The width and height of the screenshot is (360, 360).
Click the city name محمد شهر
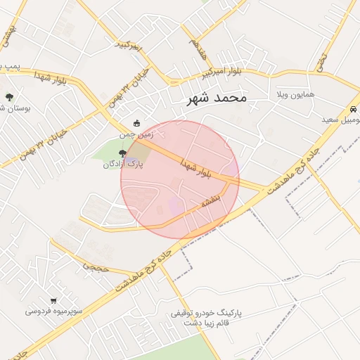coord(217,98)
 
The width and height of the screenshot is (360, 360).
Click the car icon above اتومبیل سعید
coord(352,110)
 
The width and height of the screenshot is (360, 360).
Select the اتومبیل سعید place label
coord(342,120)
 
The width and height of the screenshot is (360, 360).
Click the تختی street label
coord(323,61)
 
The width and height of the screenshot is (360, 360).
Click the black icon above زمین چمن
coord(136,123)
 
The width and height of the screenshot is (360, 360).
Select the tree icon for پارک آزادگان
coord(122,153)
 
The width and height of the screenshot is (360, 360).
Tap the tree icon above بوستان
coord(9,98)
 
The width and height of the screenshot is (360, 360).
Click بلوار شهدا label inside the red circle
coord(206,167)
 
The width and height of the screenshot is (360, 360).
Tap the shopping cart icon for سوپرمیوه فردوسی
coord(54,300)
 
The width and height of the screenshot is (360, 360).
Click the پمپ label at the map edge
coord(7,66)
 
